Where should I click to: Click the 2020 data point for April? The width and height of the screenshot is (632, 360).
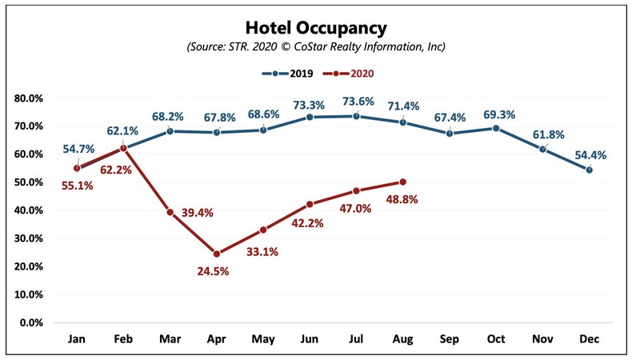216,254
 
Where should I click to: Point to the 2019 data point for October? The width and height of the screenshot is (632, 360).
496,128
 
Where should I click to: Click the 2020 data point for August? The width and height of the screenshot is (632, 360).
402,182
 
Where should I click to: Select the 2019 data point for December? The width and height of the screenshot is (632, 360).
590,170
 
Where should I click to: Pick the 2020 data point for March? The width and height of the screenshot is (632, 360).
170,212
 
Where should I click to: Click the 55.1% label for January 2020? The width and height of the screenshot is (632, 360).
61,185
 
